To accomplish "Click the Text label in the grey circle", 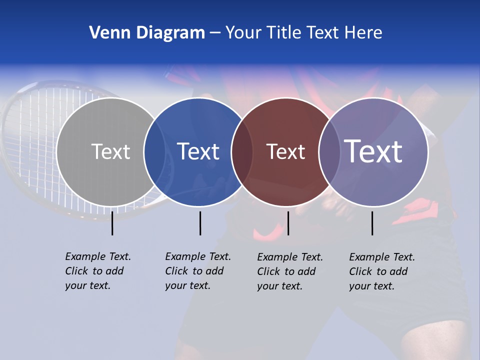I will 110,151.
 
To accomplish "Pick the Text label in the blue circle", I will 198,151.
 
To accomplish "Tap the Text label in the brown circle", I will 285,152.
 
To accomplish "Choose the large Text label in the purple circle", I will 373,151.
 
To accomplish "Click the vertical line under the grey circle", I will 112,223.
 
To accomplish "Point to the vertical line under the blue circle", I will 200,223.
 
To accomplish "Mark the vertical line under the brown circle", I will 288,223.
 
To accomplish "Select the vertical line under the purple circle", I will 372,223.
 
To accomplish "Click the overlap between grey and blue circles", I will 154,152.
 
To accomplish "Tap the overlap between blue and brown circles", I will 242,152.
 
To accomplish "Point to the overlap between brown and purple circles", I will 329,152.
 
